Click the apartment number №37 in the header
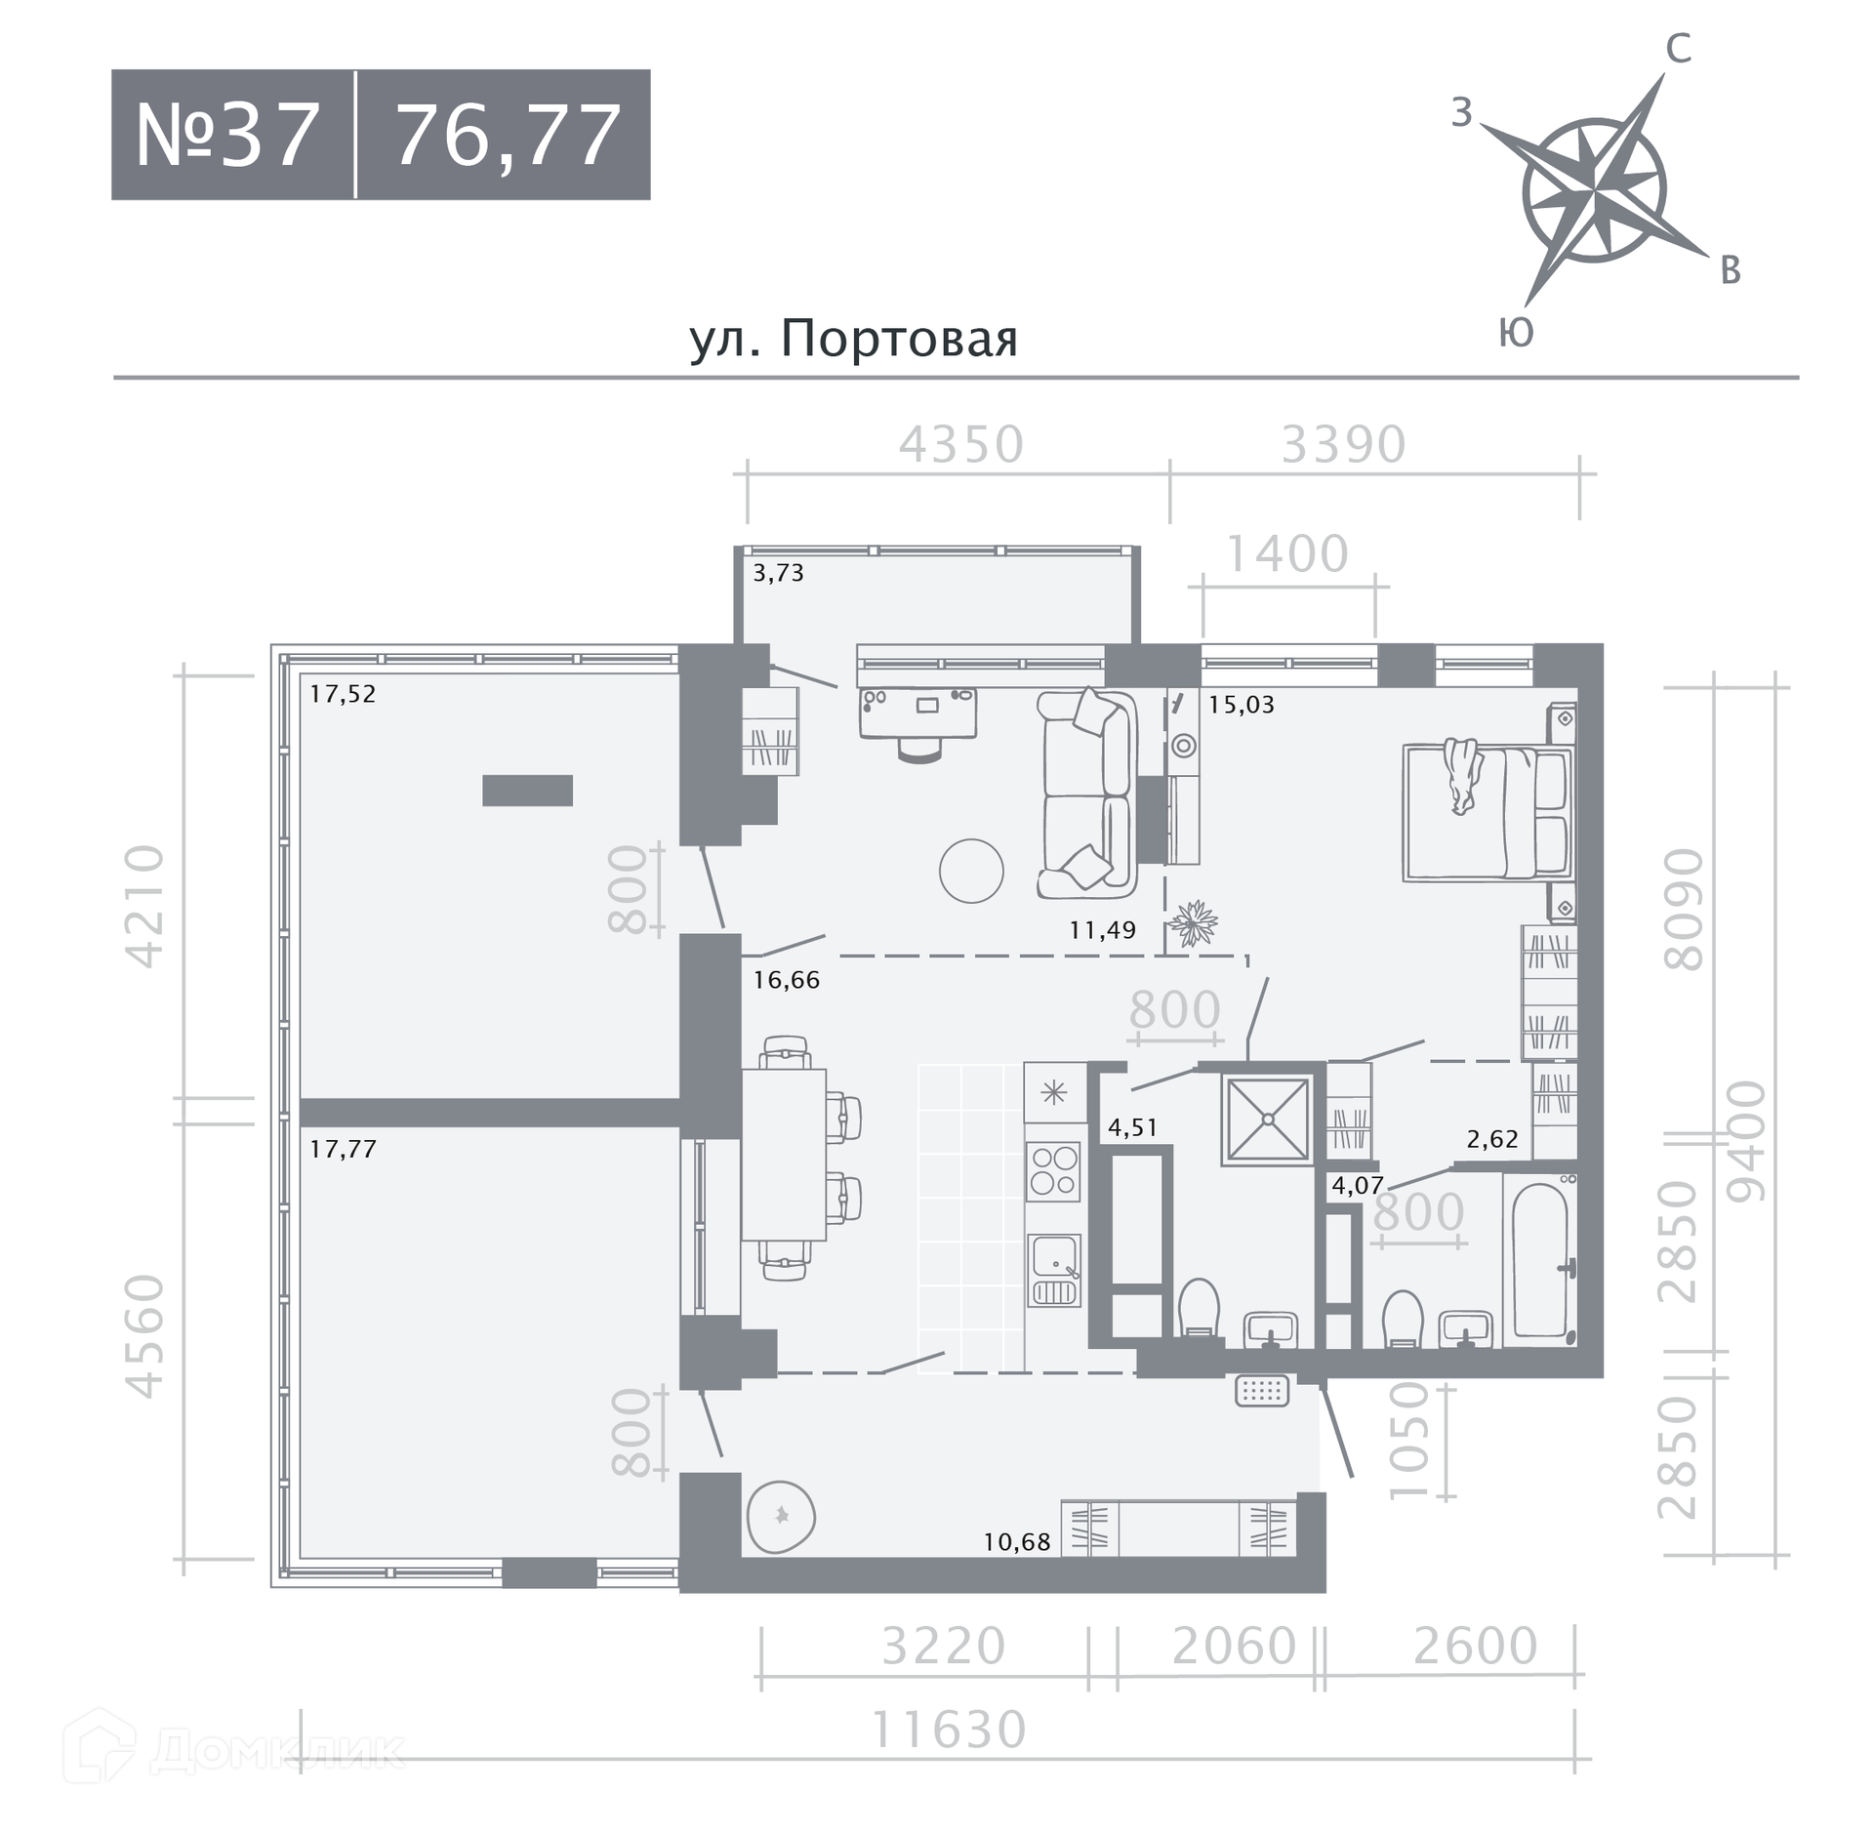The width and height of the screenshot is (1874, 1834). point(227,136)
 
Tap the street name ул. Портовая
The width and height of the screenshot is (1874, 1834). point(854,339)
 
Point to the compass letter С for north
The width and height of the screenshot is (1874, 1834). point(1678,48)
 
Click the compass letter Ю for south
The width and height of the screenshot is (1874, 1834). point(1516,333)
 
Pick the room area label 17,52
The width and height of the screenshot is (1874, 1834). point(343,694)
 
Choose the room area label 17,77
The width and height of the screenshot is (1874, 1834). point(343,1149)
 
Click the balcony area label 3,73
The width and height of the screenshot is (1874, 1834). point(778,573)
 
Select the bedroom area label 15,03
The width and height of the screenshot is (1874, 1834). point(1242,705)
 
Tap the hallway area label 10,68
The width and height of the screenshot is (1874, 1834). point(1017,1542)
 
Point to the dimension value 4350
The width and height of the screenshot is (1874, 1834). point(961,444)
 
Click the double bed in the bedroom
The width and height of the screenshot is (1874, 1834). point(1487,813)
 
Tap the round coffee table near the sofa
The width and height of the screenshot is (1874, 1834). point(971,871)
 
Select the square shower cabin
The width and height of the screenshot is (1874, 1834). point(1267,1120)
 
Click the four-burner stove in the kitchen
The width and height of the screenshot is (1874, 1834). point(1053,1170)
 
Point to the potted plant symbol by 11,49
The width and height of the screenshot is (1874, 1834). point(1193,922)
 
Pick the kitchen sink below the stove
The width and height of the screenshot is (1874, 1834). point(1053,1269)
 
